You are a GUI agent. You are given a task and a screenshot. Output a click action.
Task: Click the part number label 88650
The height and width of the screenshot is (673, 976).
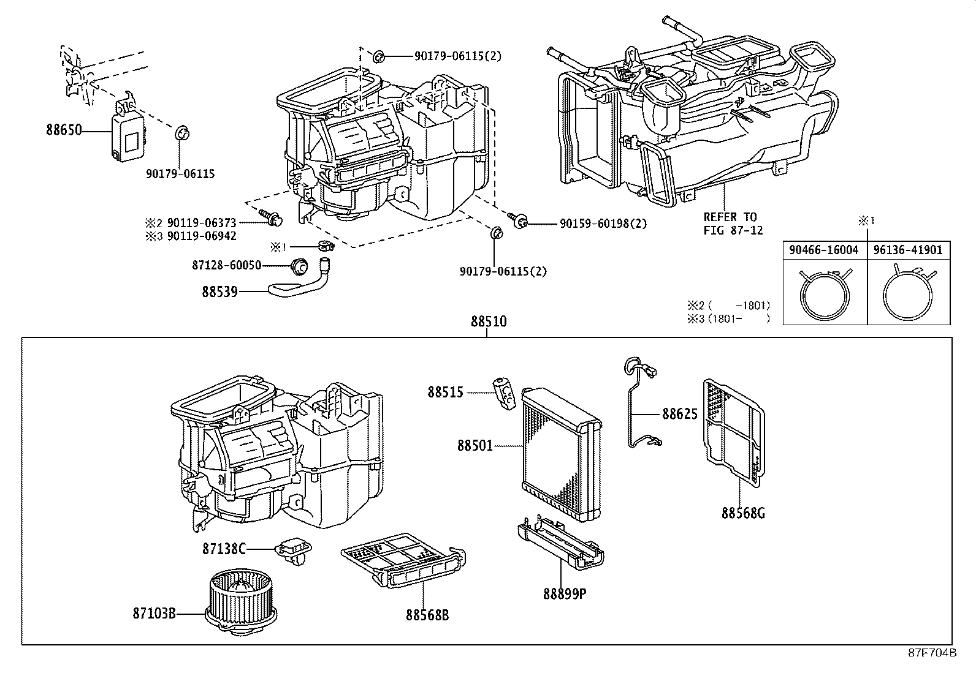(64, 130)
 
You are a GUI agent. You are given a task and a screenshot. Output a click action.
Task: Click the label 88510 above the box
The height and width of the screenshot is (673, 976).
(489, 321)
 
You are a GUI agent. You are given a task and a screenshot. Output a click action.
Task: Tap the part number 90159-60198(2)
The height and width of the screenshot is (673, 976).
(603, 224)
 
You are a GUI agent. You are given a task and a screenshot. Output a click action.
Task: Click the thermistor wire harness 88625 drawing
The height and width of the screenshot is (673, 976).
(635, 404)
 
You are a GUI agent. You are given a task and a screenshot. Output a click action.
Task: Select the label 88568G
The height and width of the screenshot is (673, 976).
(742, 513)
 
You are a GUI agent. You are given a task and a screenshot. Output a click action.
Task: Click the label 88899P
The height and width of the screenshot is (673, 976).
(563, 593)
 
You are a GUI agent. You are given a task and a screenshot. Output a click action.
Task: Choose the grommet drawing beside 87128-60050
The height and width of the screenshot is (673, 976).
(299, 266)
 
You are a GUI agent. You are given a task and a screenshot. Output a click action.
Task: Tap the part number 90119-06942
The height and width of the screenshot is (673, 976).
(202, 236)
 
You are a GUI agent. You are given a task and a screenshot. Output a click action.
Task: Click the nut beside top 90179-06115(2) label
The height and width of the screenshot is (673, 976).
(378, 57)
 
